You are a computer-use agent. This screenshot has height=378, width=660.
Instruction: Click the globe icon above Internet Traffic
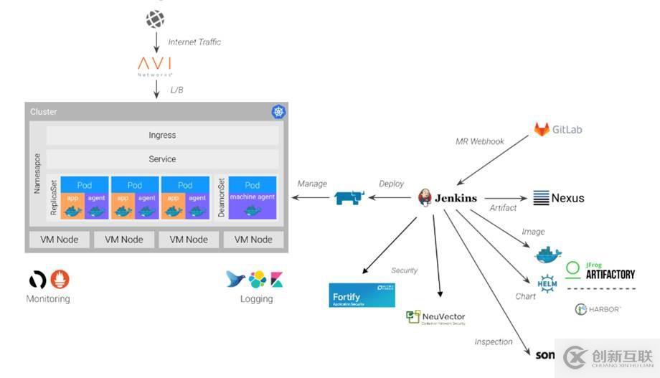point(155,19)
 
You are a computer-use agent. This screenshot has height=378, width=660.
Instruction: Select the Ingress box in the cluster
point(162,135)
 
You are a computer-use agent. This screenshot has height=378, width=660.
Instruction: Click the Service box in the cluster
point(162,159)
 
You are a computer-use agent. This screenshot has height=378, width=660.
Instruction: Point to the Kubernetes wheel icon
point(278,112)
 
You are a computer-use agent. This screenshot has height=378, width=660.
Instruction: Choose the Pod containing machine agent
point(252,197)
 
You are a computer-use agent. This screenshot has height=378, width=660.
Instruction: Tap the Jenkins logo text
point(455,199)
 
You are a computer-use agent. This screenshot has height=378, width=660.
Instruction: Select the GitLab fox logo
point(541,129)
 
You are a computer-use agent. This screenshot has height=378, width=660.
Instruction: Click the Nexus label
point(567,198)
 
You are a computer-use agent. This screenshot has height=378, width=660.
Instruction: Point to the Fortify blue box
point(362,295)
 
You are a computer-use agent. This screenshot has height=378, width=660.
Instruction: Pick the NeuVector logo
point(435,317)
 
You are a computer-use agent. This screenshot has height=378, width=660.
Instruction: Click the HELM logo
point(547,283)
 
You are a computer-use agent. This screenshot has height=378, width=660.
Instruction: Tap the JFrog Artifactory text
point(610,273)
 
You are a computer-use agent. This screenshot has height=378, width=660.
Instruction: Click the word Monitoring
point(48,298)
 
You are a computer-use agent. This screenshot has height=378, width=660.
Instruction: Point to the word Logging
point(256,298)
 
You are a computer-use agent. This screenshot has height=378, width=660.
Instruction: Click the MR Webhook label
point(480,141)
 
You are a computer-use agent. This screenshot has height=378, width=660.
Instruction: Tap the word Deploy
point(391,184)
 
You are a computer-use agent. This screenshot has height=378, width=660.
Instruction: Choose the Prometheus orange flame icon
point(60,280)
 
